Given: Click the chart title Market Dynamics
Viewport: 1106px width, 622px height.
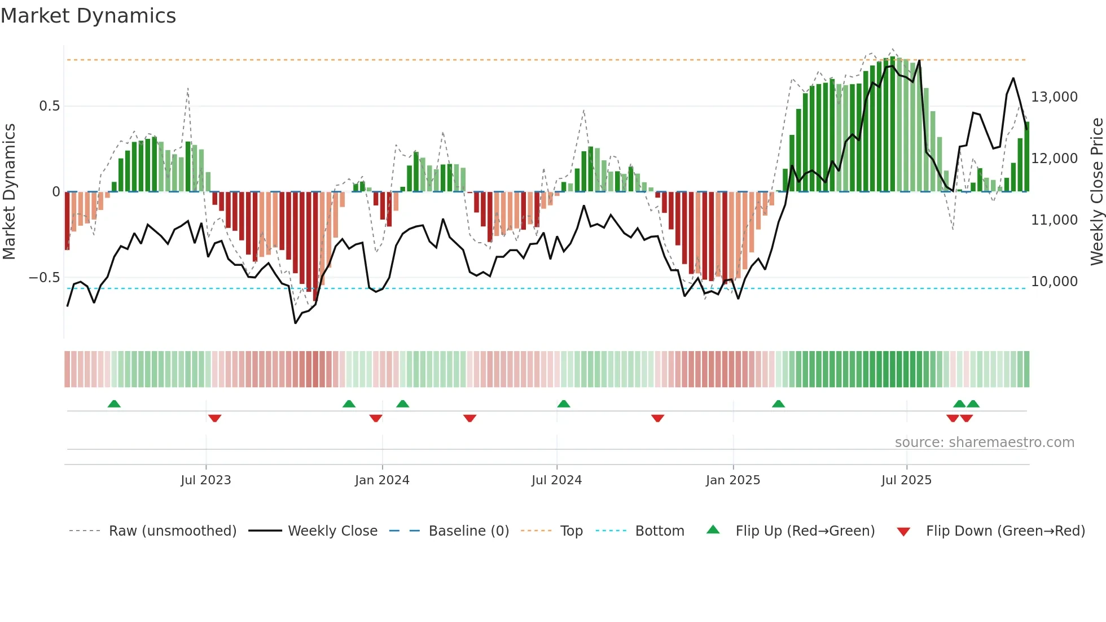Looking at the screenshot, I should tap(88, 16).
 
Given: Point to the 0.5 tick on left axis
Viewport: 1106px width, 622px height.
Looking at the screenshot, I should tap(50, 106).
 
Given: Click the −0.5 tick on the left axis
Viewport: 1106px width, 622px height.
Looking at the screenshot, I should tap(45, 278).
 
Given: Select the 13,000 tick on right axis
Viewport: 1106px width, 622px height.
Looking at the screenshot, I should tap(1054, 97).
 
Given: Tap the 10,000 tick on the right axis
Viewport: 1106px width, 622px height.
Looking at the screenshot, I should tap(1054, 282).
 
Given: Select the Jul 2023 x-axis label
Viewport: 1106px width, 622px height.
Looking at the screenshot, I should tap(206, 480).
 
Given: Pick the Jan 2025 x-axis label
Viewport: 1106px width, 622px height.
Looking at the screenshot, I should tap(732, 480).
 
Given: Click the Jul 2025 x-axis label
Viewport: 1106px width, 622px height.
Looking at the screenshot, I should tap(906, 480).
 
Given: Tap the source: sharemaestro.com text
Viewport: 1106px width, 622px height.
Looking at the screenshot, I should tap(984, 443).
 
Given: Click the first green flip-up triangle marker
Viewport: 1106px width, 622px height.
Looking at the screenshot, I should tap(114, 404).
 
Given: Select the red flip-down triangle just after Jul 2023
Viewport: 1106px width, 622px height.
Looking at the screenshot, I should tap(214, 418).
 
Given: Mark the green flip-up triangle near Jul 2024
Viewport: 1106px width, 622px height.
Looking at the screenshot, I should tap(563, 404).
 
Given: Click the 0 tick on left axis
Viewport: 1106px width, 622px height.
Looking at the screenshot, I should tap(56, 192).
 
